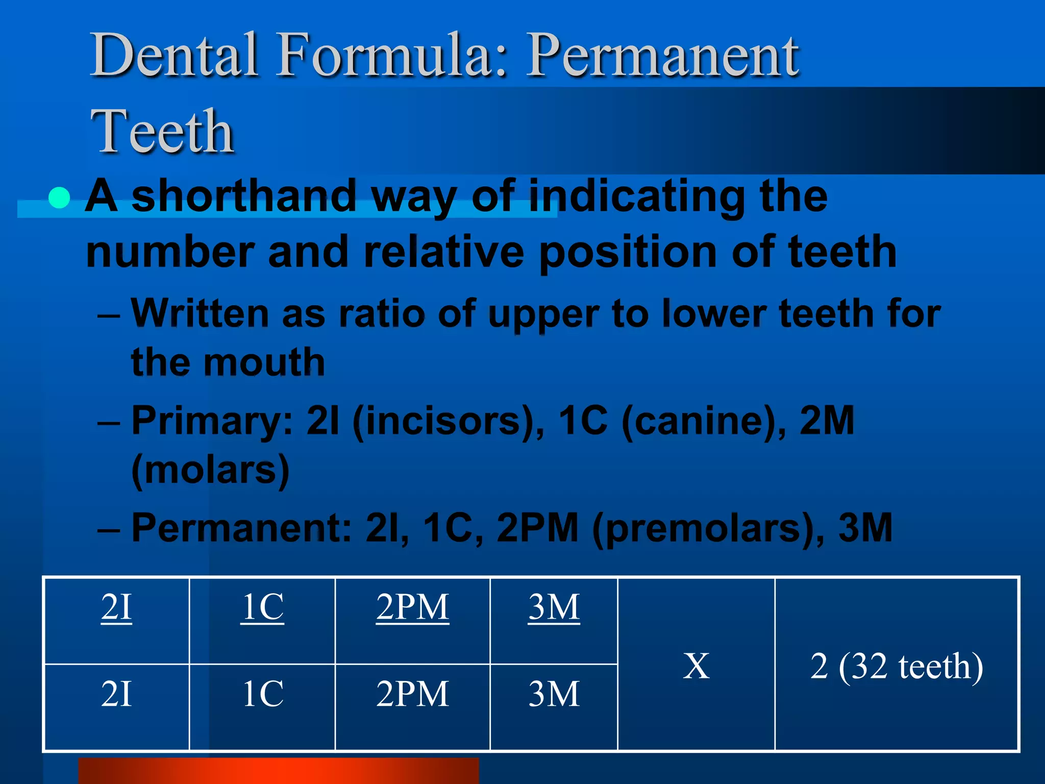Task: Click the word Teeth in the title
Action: pos(162,132)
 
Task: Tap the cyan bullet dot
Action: pos(59,198)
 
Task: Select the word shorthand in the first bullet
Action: pos(244,197)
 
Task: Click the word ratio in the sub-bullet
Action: pos(382,313)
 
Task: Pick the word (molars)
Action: pos(210,471)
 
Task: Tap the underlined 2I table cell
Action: pos(116,607)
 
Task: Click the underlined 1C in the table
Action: pos(262,607)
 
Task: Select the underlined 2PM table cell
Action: pos(412,607)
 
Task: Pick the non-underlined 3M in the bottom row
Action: pos(554,694)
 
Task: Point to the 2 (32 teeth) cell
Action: pos(897,667)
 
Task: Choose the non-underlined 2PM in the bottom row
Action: pos(412,694)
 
